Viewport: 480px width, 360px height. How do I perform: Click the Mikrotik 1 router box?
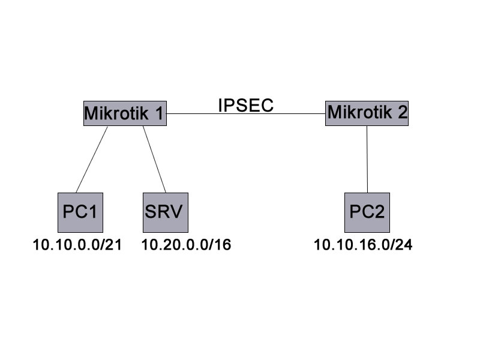(x=125, y=113)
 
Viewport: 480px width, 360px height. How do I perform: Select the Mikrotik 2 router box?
(x=367, y=113)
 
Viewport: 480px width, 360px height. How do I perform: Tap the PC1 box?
(x=80, y=212)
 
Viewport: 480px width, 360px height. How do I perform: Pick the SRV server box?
(x=166, y=212)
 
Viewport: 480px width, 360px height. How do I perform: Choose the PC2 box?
(x=367, y=212)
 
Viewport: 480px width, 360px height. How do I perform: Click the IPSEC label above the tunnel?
(x=246, y=106)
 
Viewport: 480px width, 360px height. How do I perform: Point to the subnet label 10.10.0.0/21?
(x=77, y=245)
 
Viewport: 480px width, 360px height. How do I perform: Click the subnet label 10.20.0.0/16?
(x=187, y=245)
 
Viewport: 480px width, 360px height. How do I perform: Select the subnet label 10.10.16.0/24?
(x=363, y=245)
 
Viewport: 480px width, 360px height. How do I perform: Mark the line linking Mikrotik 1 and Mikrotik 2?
(x=246, y=113)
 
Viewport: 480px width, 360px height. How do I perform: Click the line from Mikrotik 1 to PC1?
(x=92, y=159)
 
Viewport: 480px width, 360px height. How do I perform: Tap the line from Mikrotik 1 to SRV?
(x=154, y=159)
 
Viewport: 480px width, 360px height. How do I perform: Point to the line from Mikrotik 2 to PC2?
(x=367, y=159)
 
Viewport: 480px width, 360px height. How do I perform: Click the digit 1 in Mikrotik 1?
(x=160, y=113)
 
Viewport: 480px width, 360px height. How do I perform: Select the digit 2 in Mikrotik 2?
(x=403, y=112)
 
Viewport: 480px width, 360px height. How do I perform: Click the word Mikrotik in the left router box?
(x=116, y=113)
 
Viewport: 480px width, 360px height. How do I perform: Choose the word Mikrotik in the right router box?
(x=359, y=112)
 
